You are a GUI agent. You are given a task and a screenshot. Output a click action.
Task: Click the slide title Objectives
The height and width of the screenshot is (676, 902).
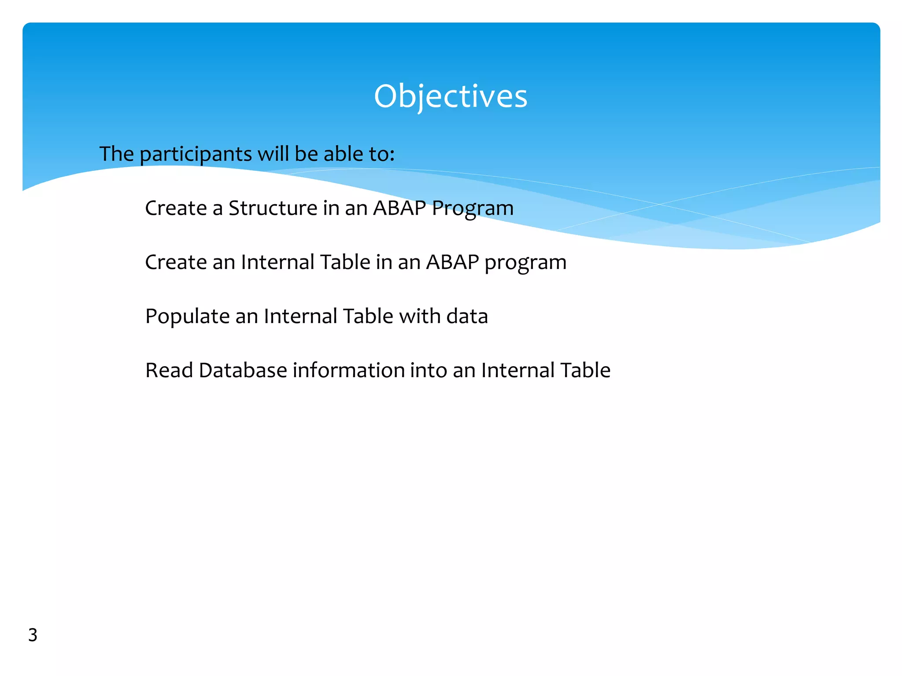450,96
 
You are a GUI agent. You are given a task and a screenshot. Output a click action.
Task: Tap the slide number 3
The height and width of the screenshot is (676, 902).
33,635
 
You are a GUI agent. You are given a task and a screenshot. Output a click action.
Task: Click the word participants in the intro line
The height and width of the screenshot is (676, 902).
196,154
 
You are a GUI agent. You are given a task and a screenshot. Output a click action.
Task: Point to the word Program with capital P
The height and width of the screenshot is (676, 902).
472,209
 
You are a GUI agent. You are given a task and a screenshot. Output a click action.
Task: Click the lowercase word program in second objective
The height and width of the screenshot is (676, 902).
525,263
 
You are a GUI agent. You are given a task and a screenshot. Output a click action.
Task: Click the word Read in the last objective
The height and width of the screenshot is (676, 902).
169,370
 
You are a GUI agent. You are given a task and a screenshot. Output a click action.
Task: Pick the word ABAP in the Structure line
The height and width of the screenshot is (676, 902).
399,208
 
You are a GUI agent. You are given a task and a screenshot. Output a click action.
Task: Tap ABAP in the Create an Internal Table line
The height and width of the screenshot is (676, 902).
452,262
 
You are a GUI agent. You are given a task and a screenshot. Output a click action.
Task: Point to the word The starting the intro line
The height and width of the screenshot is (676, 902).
116,154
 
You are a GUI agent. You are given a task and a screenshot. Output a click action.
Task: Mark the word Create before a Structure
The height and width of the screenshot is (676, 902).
176,208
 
